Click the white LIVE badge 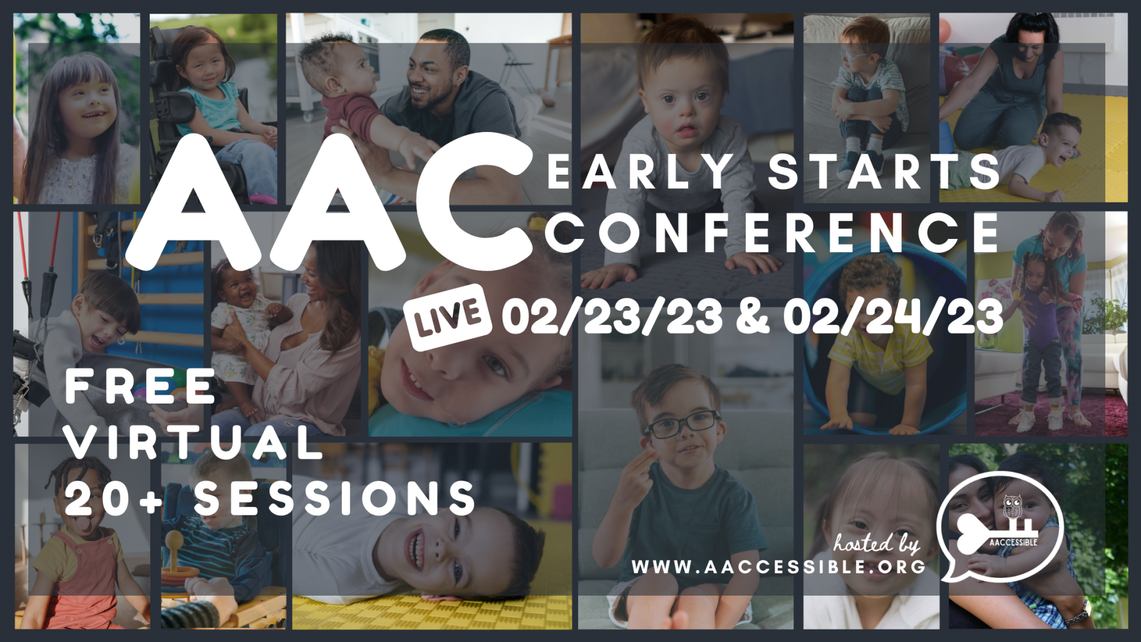pyautogui.click(x=447, y=317)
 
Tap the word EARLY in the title pyautogui.click(x=641, y=172)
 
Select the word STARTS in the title pyautogui.click(x=884, y=172)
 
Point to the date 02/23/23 pyautogui.click(x=612, y=317)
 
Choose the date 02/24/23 pyautogui.click(x=893, y=317)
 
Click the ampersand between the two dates pyautogui.click(x=752, y=317)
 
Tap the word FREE pyautogui.click(x=140, y=386)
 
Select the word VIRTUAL pyautogui.click(x=194, y=442)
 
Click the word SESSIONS pyautogui.click(x=335, y=498)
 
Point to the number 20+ pyautogui.click(x=114, y=498)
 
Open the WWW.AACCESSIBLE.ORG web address pyautogui.click(x=778, y=567)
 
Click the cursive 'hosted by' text pyautogui.click(x=877, y=543)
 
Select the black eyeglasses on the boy pyautogui.click(x=683, y=423)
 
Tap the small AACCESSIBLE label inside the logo pyautogui.click(x=1013, y=542)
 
